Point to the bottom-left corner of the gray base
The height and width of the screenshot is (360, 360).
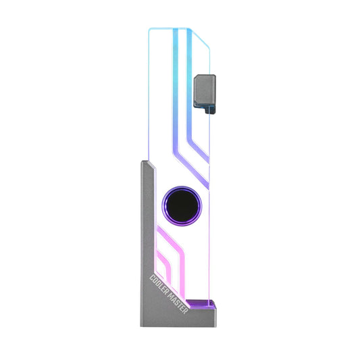pyautogui.click(x=142, y=326)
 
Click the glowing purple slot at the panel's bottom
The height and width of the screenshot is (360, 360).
pyautogui.click(x=200, y=305)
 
